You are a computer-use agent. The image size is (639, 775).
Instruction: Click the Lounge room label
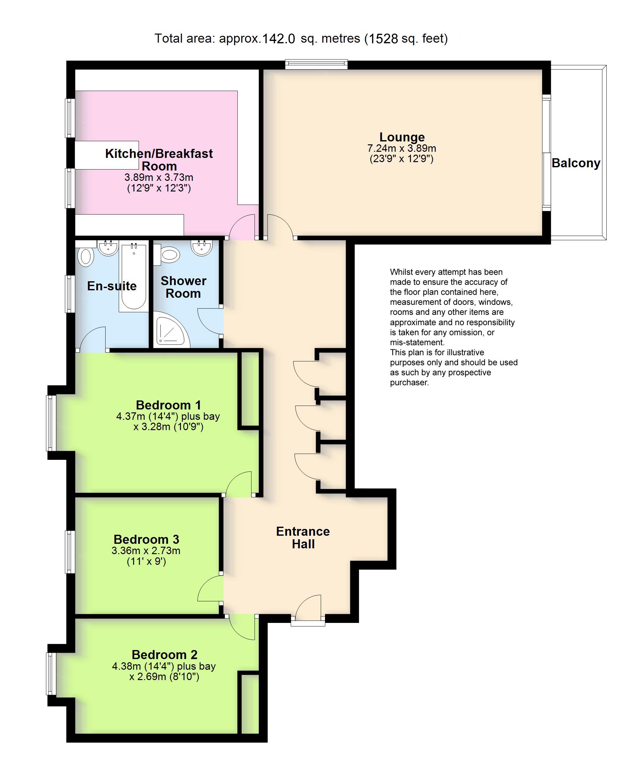coord(402,137)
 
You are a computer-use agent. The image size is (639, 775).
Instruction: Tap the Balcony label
coord(576,163)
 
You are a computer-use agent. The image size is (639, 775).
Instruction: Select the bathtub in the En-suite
coord(133,277)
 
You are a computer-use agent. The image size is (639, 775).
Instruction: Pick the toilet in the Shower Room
coord(170,254)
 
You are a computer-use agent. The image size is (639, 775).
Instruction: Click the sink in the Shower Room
coord(202,247)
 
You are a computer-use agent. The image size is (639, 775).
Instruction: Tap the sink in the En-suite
coord(108,247)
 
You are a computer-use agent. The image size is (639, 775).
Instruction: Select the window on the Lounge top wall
coord(317,65)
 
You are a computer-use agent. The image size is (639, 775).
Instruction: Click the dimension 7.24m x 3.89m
coord(402,149)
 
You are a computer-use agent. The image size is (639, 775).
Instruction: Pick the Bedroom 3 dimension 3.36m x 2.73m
coord(146,551)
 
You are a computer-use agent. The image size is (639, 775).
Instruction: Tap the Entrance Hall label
coord(303,537)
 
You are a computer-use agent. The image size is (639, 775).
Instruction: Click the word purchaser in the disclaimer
coord(409,382)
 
